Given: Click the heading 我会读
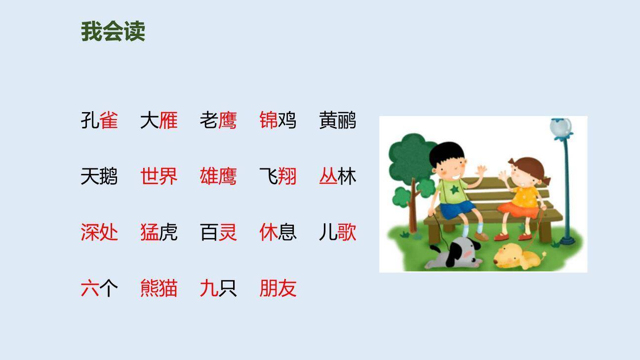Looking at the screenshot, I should pos(113,32).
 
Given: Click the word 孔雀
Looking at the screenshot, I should pos(99,120).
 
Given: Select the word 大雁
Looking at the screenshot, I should pos(159,120).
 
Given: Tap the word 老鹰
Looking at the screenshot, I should pos(218,120).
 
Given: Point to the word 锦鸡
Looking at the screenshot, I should pos(278,120).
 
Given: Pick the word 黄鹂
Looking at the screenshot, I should pos(337,120).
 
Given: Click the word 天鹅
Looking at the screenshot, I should pos(99,176).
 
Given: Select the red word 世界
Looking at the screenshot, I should pos(159,176).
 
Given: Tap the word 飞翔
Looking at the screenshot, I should pos(278,176).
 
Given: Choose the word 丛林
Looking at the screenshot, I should pos(337,176).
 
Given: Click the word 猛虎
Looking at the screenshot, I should pos(159,232).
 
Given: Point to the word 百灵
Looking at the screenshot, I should pos(218,232).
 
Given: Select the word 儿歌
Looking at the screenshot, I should pos(337,232).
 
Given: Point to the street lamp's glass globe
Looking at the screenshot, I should pos(561,126).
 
